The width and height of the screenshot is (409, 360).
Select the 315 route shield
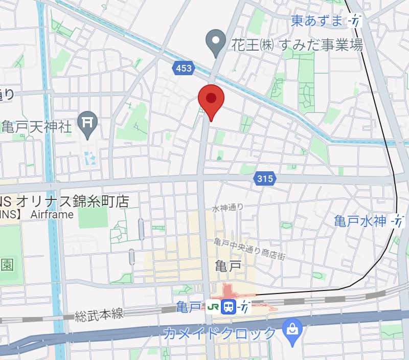pos(264,178)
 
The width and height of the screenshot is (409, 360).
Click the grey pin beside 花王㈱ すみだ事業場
pos(216,41)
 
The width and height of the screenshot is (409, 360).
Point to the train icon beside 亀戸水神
pos(397,221)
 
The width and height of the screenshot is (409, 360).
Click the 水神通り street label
pos(228,208)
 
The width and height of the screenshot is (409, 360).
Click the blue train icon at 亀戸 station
pos(230,307)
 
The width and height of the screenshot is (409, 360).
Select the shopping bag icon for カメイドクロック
pos(293,328)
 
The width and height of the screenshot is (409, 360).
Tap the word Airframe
pos(52,214)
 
